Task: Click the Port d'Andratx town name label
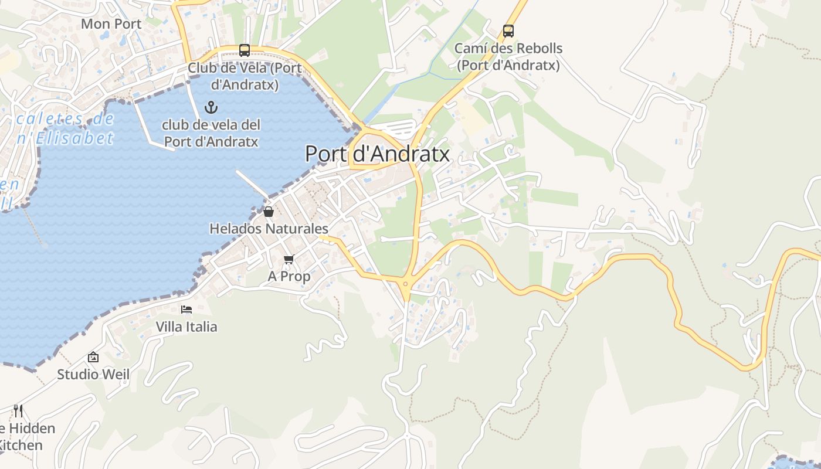pyautogui.click(x=378, y=154)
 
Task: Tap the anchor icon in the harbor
pyautogui.click(x=211, y=107)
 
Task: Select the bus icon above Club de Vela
pyautogui.click(x=245, y=50)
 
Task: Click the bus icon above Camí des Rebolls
pyautogui.click(x=508, y=31)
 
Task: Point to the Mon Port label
pyautogui.click(x=111, y=24)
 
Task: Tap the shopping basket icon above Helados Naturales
pyautogui.click(x=269, y=212)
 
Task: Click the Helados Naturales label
pyautogui.click(x=269, y=229)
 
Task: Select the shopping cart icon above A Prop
pyautogui.click(x=289, y=259)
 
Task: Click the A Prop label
pyautogui.click(x=289, y=276)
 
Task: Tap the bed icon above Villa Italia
pyautogui.click(x=186, y=310)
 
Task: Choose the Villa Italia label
pyautogui.click(x=186, y=327)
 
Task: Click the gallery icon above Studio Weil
pyautogui.click(x=93, y=357)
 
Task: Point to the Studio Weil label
pyautogui.click(x=93, y=374)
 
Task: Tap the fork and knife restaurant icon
pyautogui.click(x=18, y=410)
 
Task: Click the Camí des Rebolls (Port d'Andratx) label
pyautogui.click(x=508, y=57)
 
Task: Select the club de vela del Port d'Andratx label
pyautogui.click(x=211, y=133)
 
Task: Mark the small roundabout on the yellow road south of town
pyautogui.click(x=405, y=284)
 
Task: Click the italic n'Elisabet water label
pyautogui.click(x=65, y=138)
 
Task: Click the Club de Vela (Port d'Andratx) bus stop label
pyautogui.click(x=245, y=76)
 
